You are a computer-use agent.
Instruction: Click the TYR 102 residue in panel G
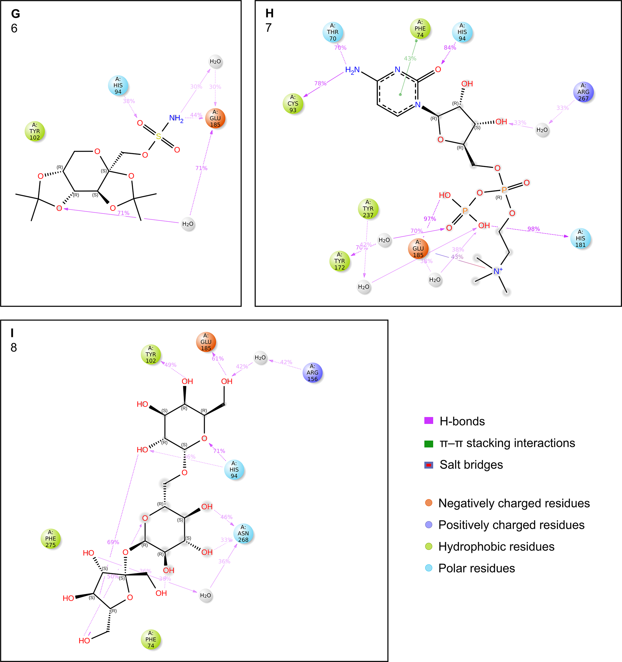(x=35, y=131)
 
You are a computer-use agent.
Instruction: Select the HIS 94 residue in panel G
(x=118, y=85)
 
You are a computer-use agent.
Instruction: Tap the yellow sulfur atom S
(x=159, y=136)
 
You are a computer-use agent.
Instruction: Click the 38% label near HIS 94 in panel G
(x=129, y=101)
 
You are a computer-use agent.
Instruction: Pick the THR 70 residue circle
(x=333, y=32)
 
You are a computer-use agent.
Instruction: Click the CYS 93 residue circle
(x=293, y=104)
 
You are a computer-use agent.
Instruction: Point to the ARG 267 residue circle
(x=583, y=92)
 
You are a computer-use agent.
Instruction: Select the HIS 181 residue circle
(x=580, y=238)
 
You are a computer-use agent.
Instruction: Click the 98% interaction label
(x=534, y=229)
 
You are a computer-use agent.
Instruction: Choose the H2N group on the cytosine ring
(x=352, y=70)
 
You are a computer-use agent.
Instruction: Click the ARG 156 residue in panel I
(x=313, y=373)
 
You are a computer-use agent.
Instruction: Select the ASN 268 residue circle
(x=243, y=533)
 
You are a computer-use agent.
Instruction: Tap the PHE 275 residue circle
(x=51, y=539)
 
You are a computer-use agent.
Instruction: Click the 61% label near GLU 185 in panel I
(x=218, y=359)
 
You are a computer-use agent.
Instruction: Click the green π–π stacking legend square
(x=429, y=444)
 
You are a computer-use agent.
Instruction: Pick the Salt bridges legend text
(x=471, y=464)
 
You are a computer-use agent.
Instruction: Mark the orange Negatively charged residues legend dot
(x=429, y=503)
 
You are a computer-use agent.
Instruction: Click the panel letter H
(x=270, y=13)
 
